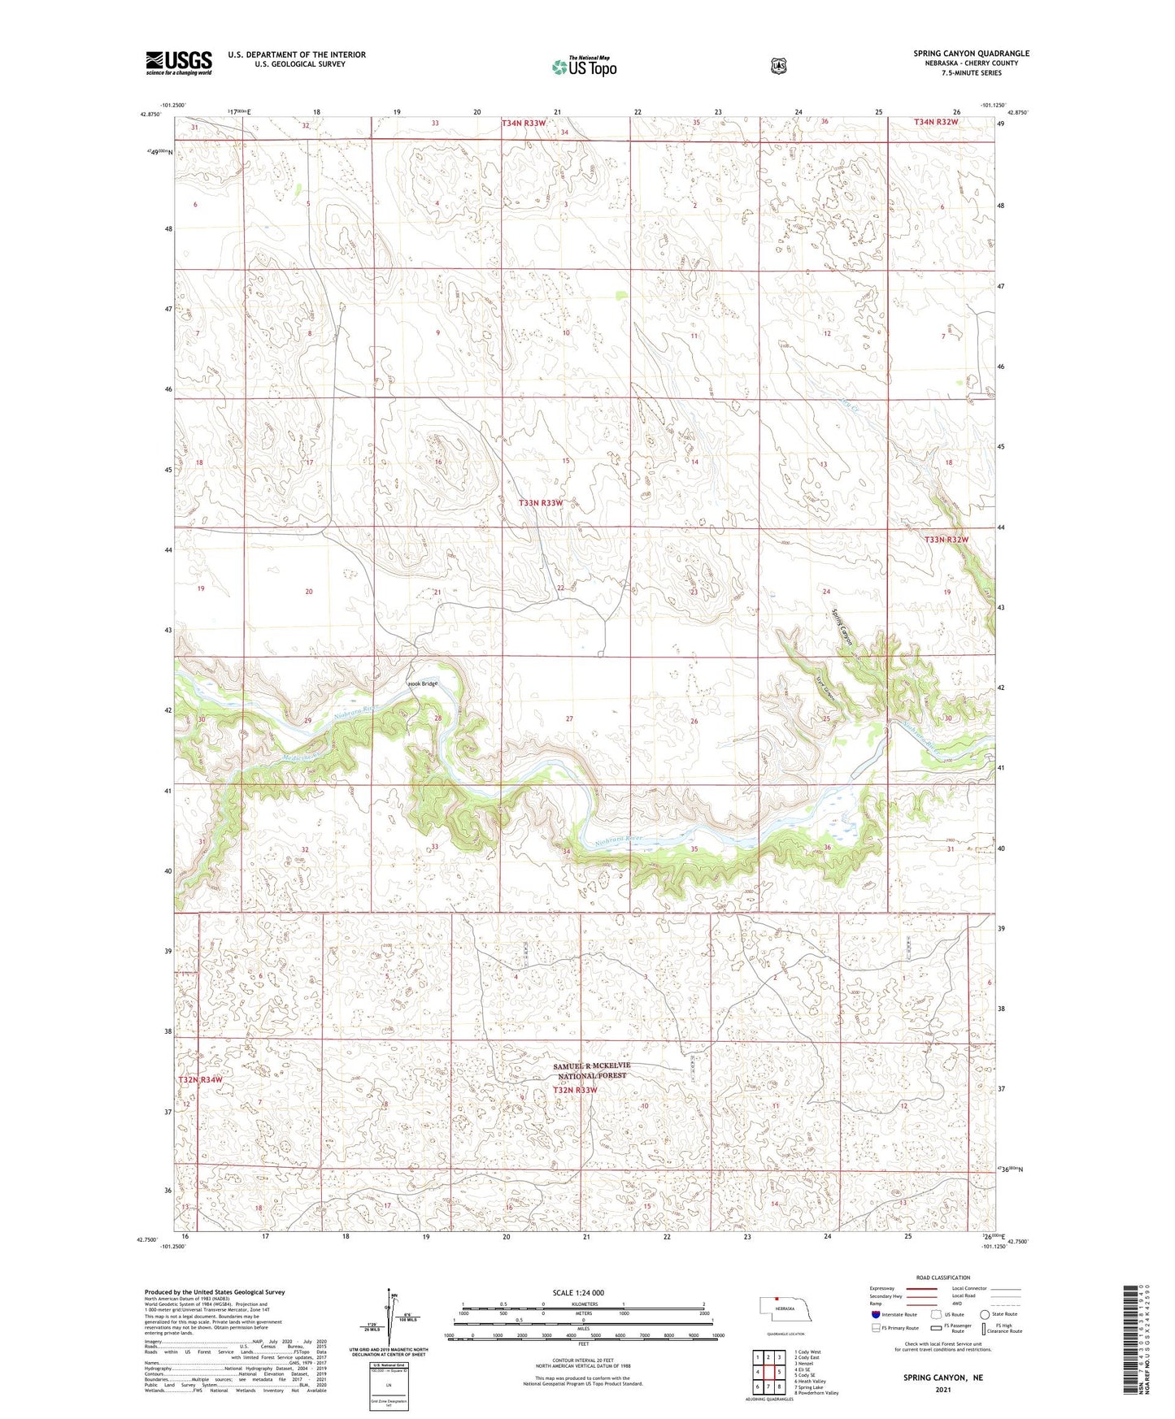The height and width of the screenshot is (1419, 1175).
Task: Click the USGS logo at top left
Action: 179,63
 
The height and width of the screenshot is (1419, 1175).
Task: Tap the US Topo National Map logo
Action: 584,67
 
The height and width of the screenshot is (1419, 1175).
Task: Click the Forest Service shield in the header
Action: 778,66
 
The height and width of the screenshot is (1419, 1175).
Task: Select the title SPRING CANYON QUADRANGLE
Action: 971,54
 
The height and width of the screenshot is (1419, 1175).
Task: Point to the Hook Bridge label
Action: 423,683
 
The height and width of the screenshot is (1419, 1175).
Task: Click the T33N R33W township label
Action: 541,503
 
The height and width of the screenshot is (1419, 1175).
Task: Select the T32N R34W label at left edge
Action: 200,1079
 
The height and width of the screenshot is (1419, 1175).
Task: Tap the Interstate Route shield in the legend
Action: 874,1314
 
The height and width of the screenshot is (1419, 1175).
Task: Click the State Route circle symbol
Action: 985,1314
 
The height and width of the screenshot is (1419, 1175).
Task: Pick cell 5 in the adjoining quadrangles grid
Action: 778,1372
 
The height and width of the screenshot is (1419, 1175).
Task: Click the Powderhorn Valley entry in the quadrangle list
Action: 818,1393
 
